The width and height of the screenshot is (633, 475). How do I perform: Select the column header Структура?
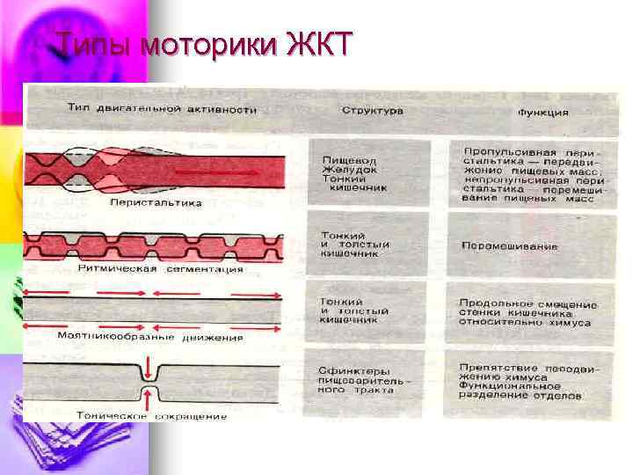pos(372,112)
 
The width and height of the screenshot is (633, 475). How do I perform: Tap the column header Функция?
pos(542,113)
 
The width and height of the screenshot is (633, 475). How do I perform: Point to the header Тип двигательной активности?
pos(163,110)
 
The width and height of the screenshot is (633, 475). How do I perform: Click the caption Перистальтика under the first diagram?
pos(156,202)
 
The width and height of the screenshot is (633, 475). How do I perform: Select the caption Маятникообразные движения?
pos(150,337)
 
